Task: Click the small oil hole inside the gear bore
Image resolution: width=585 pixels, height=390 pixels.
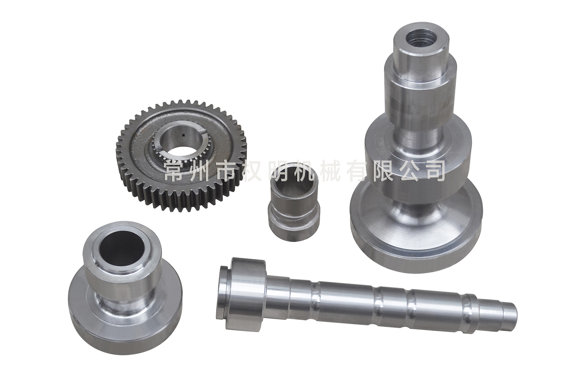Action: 183,135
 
